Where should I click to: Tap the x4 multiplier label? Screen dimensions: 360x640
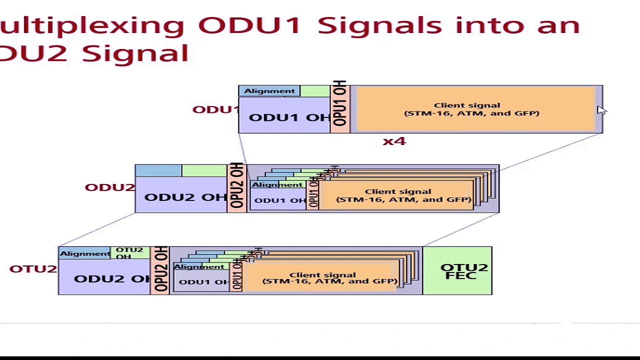coord(394,141)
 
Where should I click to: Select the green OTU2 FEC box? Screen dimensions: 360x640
coord(457,271)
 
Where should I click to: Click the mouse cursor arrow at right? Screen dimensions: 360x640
coord(600,110)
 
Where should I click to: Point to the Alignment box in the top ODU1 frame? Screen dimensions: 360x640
coord(269,91)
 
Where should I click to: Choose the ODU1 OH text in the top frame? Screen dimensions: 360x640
coord(289,117)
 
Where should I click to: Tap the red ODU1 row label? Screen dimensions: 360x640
coord(215,109)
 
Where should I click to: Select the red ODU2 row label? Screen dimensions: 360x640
coord(109,187)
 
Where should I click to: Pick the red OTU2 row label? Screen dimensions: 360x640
coord(33,269)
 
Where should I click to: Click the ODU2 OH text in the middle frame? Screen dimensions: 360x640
coord(185,197)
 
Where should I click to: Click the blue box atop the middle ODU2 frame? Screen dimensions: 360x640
coord(158,171)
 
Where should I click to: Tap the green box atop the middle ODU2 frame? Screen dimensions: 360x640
coord(204,171)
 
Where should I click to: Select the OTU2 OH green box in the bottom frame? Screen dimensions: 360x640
coord(129,253)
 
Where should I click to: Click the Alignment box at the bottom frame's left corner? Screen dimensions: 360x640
coord(84,253)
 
